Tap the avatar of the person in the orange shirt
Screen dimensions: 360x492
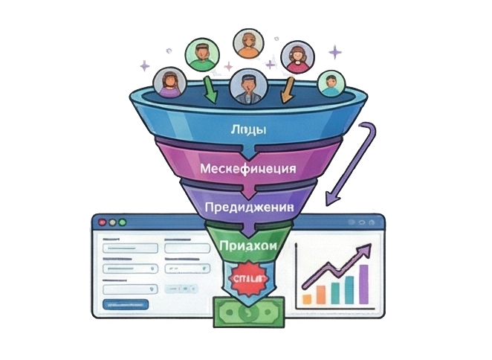pyautogui.click(x=247, y=43)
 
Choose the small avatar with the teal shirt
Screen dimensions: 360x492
pyautogui.click(x=331, y=83)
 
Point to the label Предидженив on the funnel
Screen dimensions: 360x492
pyautogui.click(x=247, y=206)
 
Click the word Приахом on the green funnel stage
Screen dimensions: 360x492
pyautogui.click(x=247, y=244)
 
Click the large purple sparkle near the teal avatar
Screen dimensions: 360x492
pyautogui.click(x=336, y=52)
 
